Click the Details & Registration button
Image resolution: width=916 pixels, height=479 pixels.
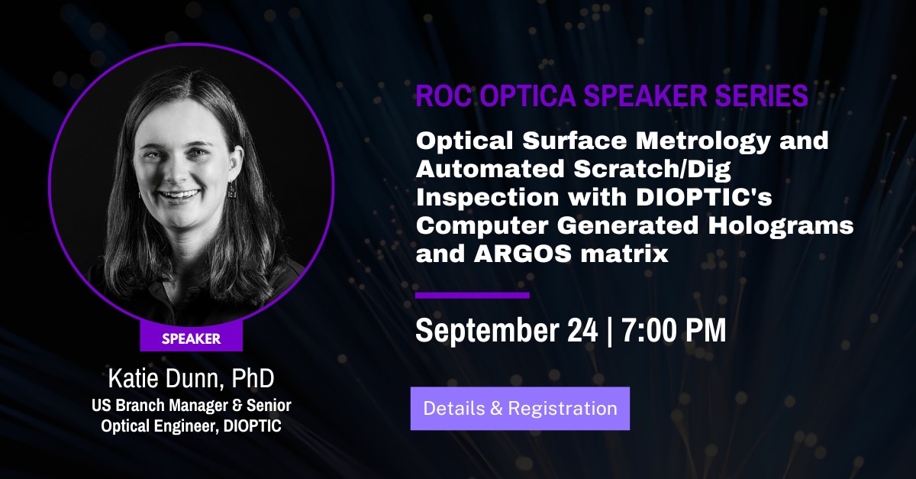520,409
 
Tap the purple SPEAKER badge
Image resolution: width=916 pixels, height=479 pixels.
192,338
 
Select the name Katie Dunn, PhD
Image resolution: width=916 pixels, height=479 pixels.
192,378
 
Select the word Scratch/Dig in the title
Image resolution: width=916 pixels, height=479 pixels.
652,169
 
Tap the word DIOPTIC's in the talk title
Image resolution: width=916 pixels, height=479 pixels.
704,197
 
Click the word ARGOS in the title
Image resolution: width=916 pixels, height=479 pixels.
522,254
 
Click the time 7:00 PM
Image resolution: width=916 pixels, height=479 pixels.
674,330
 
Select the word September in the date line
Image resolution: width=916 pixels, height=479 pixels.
487,332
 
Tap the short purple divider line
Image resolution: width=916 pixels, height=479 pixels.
473,295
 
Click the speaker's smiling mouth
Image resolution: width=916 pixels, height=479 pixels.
176,196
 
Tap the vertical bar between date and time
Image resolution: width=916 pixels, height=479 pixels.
610,331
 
